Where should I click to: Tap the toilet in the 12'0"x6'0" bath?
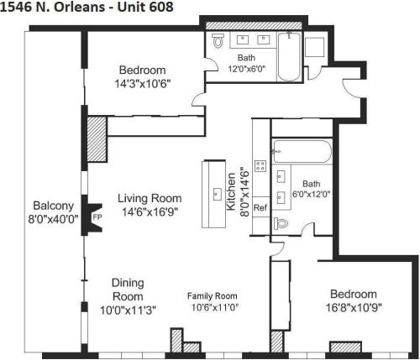[218, 39]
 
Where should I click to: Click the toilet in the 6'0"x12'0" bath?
[282, 223]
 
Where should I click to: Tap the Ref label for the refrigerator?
[260, 207]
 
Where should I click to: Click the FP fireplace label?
[97, 217]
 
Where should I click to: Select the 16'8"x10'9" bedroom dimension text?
[353, 308]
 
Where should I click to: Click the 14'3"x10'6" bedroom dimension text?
[142, 83]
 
